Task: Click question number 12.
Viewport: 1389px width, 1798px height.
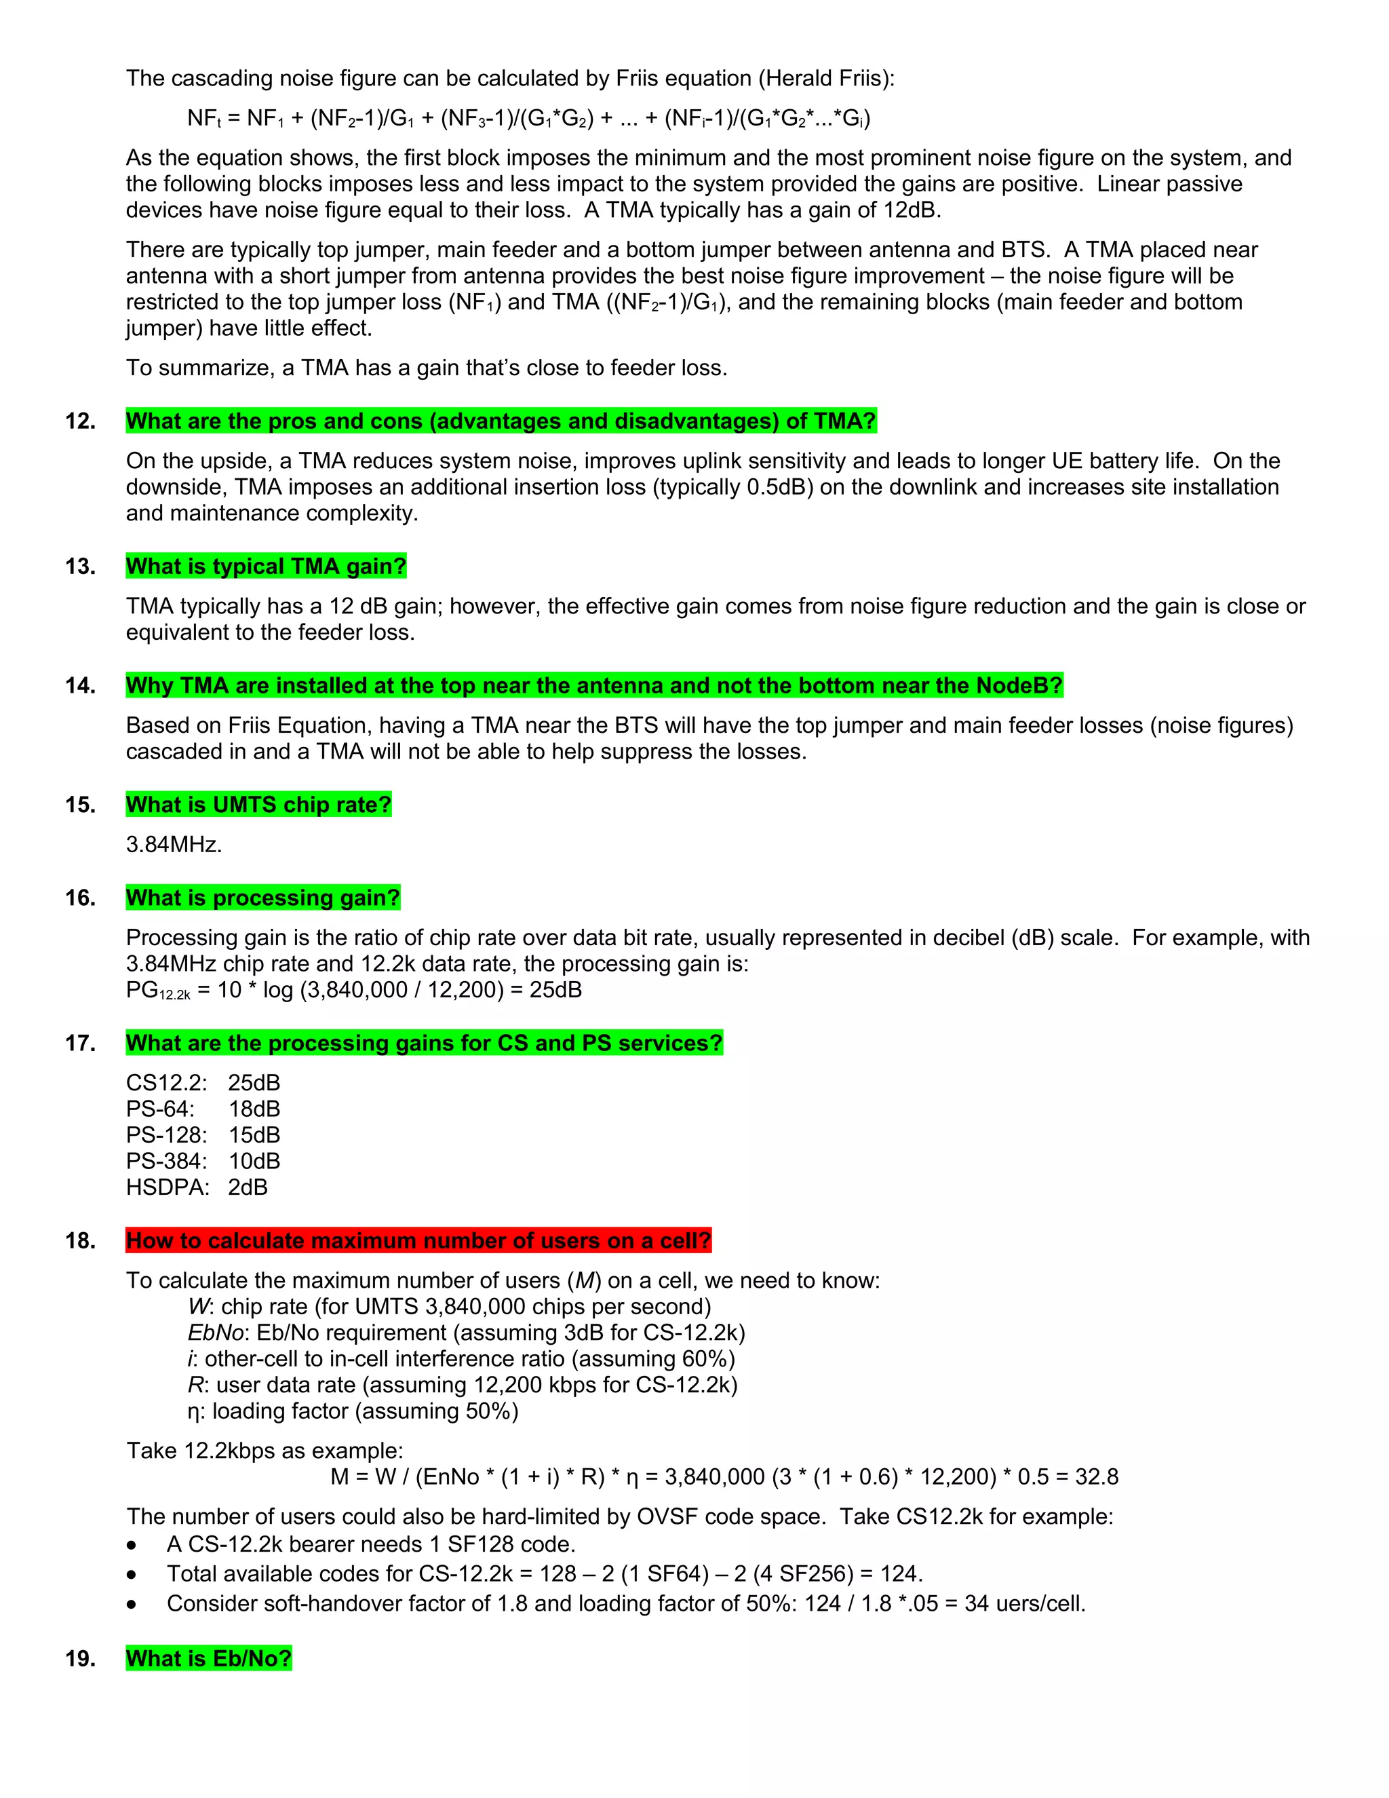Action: pyautogui.click(x=80, y=421)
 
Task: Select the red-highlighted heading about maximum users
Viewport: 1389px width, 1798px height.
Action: pyautogui.click(x=418, y=1241)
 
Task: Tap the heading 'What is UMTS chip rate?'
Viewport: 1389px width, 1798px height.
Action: pyautogui.click(x=258, y=804)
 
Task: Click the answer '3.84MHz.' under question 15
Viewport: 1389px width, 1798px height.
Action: pyautogui.click(x=174, y=844)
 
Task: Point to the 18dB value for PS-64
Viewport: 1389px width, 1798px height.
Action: pyautogui.click(x=254, y=1109)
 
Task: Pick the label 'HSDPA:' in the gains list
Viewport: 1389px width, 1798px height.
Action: pyautogui.click(x=167, y=1187)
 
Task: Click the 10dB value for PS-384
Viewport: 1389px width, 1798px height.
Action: pyautogui.click(x=254, y=1161)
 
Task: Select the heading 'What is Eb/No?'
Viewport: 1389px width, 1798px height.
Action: pyautogui.click(x=209, y=1658)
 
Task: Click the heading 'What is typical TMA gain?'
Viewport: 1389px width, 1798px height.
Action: pyautogui.click(x=266, y=567)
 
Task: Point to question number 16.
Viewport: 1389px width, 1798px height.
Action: pyautogui.click(x=80, y=898)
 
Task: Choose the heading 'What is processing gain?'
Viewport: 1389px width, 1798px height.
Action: pyautogui.click(x=262, y=898)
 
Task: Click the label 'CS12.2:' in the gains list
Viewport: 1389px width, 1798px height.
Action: pyautogui.click(x=166, y=1083)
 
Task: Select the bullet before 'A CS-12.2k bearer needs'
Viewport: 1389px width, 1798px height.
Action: pyautogui.click(x=132, y=1545)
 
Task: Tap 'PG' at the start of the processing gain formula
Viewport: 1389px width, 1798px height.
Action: pyautogui.click(x=142, y=989)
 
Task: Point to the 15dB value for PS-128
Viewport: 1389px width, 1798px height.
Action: pyautogui.click(x=254, y=1135)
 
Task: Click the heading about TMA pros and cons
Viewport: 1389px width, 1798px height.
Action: pyautogui.click(x=501, y=421)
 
